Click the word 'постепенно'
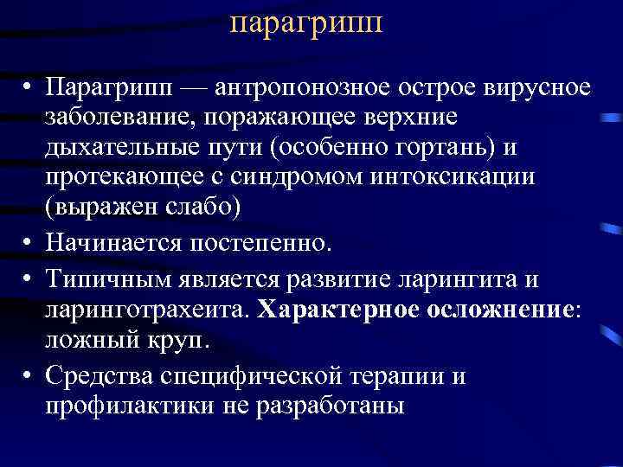(x=268, y=240)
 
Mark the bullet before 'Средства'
(x=29, y=374)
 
